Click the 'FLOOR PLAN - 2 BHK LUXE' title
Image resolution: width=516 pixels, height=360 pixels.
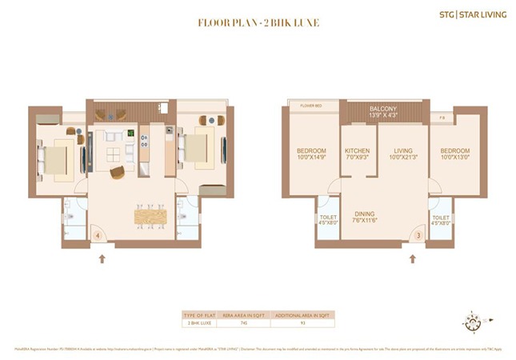[258, 22]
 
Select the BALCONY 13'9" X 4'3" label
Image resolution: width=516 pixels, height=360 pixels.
[383, 112]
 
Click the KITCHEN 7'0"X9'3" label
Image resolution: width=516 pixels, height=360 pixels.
[357, 154]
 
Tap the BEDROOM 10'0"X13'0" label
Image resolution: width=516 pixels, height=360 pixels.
[454, 154]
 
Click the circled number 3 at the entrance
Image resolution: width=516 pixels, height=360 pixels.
[418, 235]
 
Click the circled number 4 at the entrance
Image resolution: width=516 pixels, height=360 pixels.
[97, 236]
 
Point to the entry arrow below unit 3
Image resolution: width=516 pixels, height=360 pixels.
[413, 258]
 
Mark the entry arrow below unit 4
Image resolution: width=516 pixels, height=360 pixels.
[102, 258]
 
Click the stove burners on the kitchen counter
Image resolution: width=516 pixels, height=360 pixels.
[145, 141]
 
